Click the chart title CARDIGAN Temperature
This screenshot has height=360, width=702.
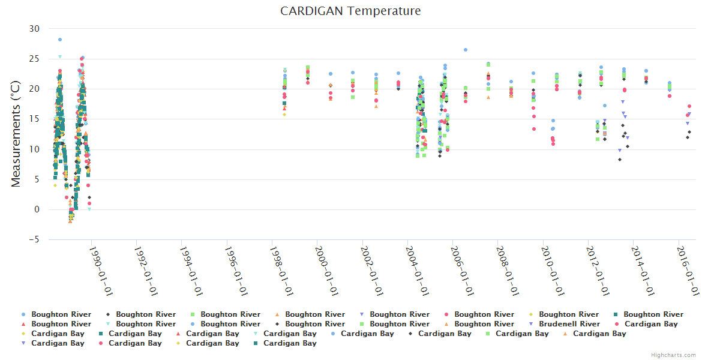click(x=350, y=11)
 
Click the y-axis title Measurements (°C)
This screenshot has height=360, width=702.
click(x=16, y=134)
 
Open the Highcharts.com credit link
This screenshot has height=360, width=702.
click(x=673, y=355)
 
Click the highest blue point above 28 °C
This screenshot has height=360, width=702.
click(x=60, y=40)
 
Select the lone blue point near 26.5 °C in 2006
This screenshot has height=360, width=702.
click(x=466, y=50)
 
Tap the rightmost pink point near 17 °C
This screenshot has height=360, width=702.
click(x=689, y=106)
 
